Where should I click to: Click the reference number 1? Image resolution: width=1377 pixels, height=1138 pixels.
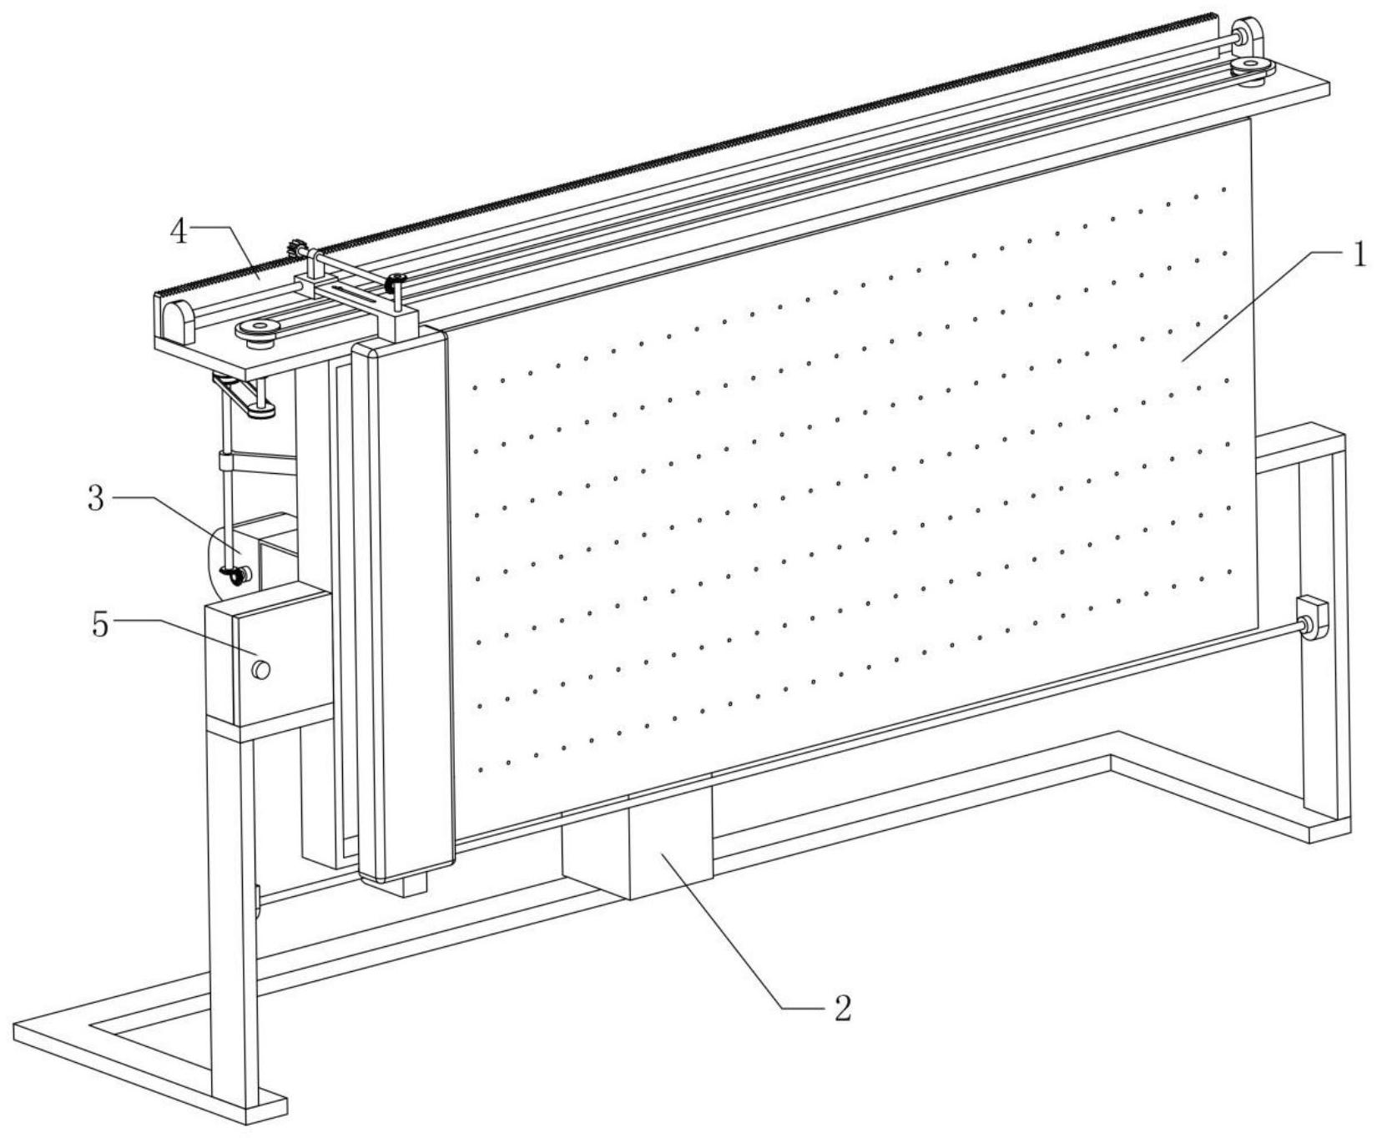(x=1359, y=254)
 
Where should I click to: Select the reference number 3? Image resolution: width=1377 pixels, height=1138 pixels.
(x=97, y=498)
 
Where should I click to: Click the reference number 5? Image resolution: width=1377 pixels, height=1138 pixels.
(x=100, y=623)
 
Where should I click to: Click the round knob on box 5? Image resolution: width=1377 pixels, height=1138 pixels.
(x=261, y=669)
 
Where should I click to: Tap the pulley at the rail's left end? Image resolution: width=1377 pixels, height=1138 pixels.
(x=258, y=330)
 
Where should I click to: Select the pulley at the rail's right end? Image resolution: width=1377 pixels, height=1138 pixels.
(x=1251, y=70)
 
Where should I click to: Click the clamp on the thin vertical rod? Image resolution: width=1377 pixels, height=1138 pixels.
(x=225, y=461)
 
